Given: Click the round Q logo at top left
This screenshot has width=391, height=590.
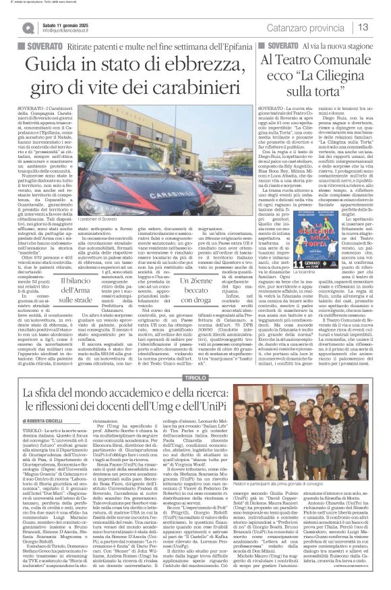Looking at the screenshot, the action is pyautogui.click(x=11, y=28).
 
